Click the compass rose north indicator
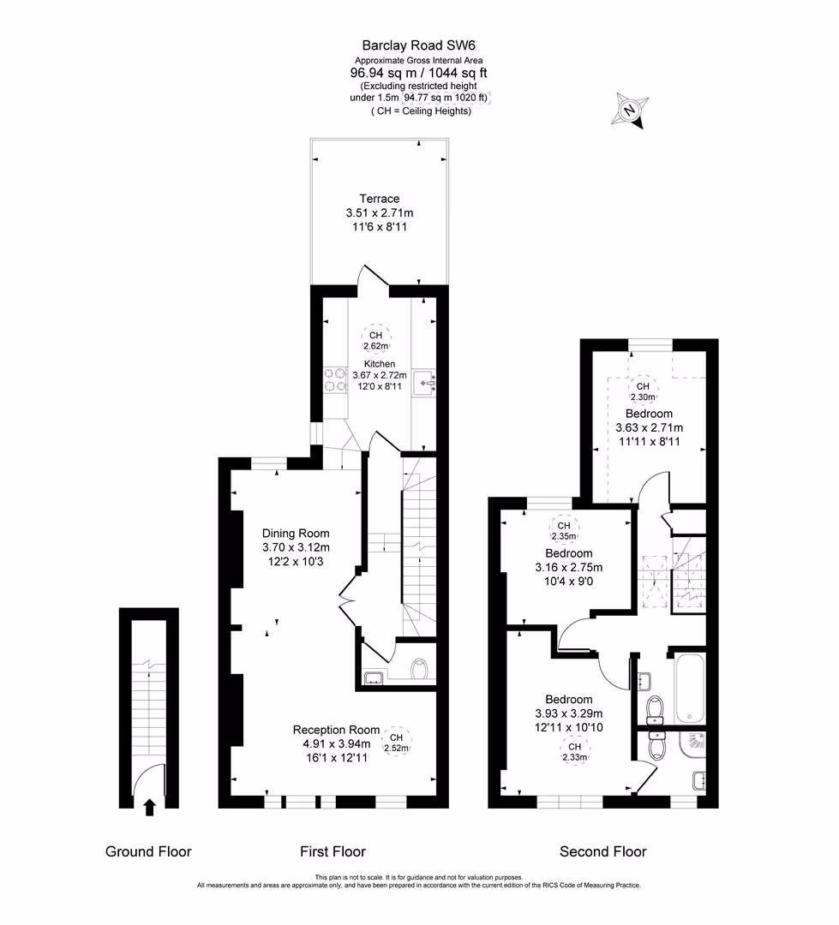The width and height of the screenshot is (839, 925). [x=630, y=111]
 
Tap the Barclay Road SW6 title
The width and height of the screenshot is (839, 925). [x=419, y=45]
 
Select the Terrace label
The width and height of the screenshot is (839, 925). [x=379, y=199]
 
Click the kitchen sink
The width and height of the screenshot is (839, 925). [x=424, y=382]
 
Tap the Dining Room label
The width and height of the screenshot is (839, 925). [x=296, y=533]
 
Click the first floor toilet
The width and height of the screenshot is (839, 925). [x=418, y=669]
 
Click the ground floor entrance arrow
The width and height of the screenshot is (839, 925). [x=149, y=806]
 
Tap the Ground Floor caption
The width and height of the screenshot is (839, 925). [x=148, y=851]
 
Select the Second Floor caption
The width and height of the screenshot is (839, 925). [x=602, y=851]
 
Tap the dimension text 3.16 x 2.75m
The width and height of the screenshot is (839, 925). [x=568, y=567]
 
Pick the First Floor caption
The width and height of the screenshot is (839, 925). [x=333, y=851]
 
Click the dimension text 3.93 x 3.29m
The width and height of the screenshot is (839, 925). [x=568, y=713]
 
